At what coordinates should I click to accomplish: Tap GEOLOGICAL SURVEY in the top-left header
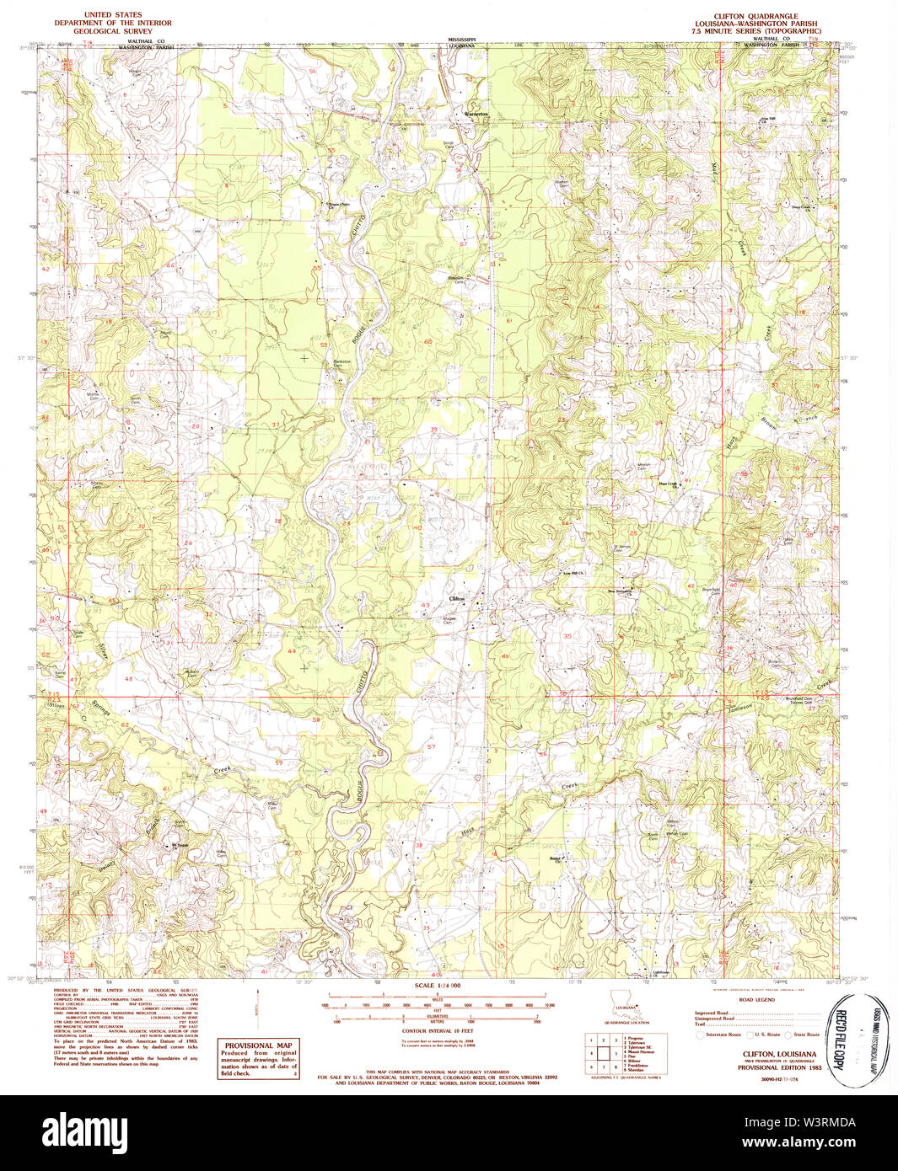coord(113,30)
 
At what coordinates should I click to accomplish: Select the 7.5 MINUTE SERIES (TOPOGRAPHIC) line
coord(756,31)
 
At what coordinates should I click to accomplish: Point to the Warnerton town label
coord(476,114)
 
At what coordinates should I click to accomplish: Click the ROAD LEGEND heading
coord(756,1002)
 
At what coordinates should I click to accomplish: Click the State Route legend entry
coord(806,1034)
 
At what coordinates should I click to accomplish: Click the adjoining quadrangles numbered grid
coord(603,1054)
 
